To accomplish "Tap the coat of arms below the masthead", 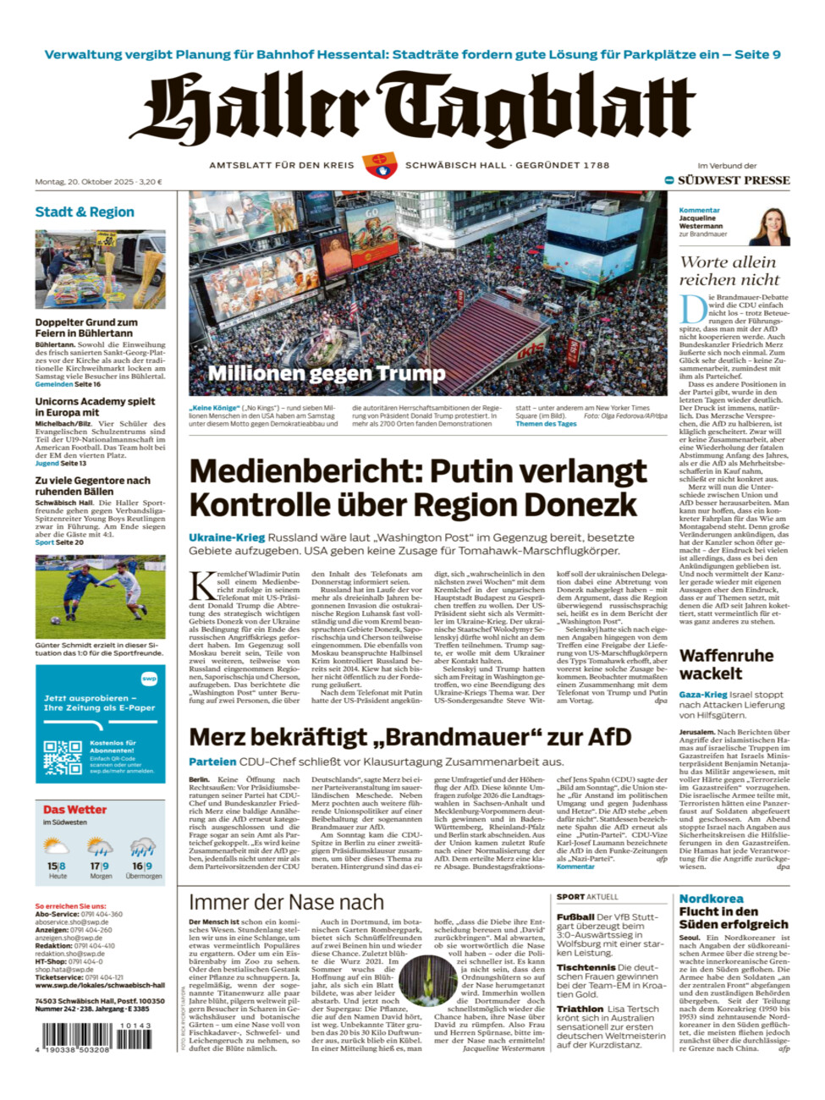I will pos(379,165).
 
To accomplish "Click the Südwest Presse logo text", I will pos(733,180).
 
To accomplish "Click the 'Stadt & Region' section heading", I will pos(85,212).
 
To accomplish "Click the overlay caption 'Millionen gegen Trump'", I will pos(327,373).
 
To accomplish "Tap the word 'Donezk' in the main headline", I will pos(584,505).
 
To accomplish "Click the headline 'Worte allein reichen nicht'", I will pos(729,271).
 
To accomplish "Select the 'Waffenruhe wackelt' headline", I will pos(726,664).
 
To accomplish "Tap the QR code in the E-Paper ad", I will pos(63,758).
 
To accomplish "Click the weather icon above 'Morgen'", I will pos(100,847).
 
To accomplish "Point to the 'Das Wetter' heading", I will pos(74,810).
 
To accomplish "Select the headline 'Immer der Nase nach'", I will pos(286,902).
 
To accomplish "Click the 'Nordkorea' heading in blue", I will pos(711,899).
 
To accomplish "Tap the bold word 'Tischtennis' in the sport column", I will pos(585,967).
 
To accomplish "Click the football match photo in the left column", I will pos(100,597).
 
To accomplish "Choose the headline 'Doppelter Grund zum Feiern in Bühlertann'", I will pos(86,327).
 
